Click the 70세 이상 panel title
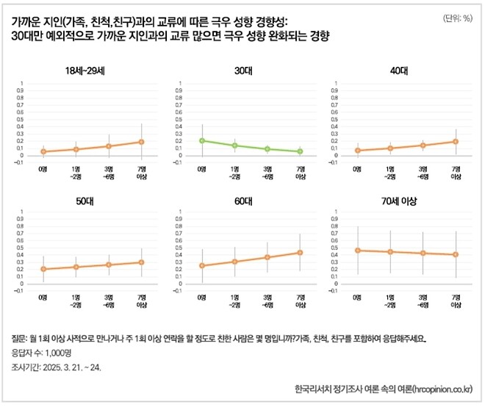point(400,201)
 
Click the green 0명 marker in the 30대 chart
point(201,140)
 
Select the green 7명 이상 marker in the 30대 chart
point(300,151)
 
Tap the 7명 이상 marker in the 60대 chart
point(300,253)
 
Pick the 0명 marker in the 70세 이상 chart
point(358,251)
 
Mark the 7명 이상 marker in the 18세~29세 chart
point(141,142)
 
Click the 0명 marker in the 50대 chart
point(43,269)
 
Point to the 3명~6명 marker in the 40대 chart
point(423,145)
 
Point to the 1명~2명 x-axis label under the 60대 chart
point(234,300)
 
